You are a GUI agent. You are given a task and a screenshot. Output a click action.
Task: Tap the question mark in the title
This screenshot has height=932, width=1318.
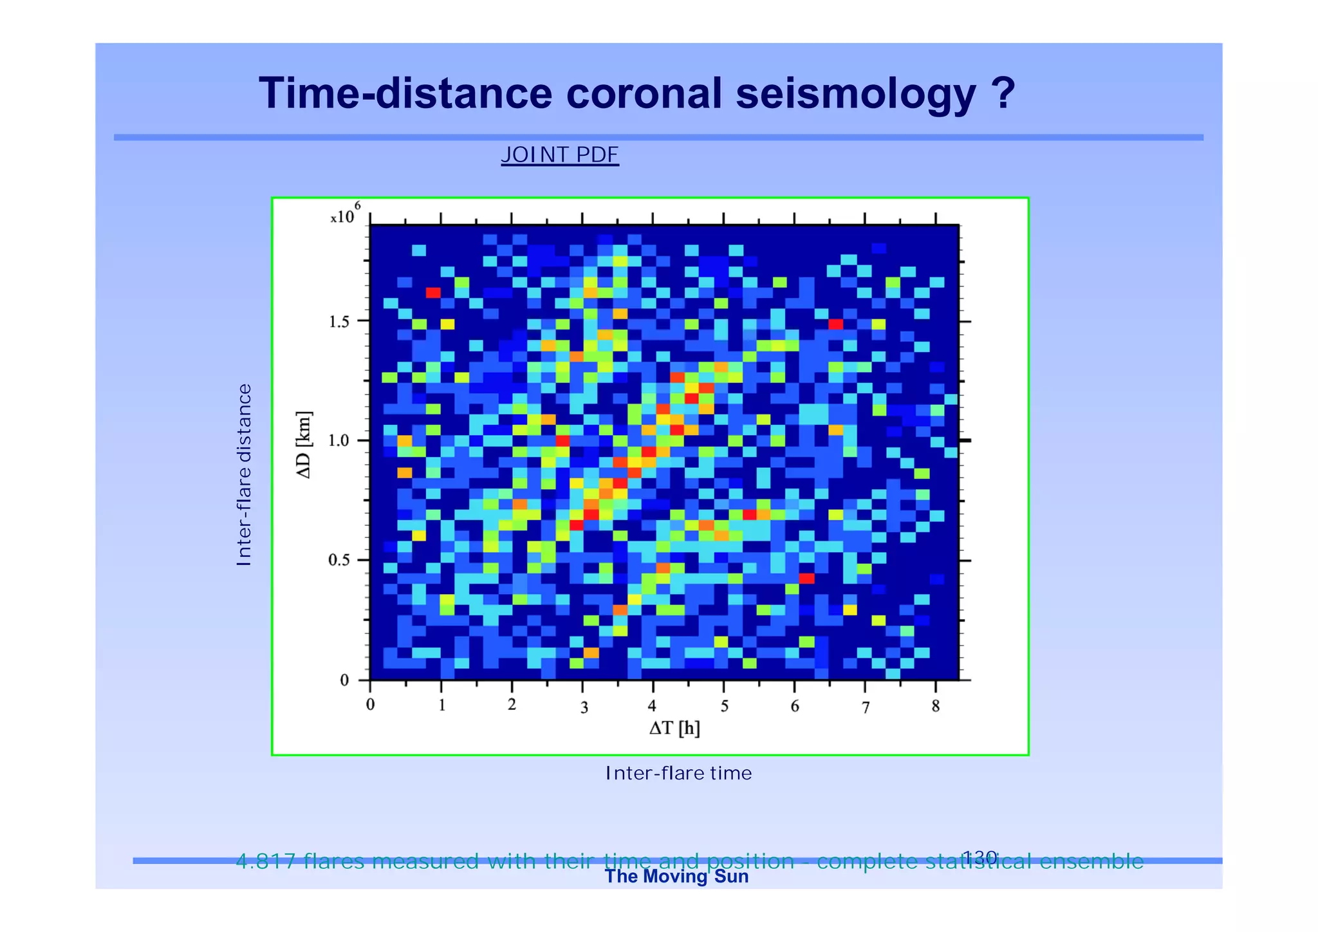click(x=1003, y=94)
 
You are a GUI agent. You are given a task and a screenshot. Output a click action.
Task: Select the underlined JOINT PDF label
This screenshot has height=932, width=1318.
click(x=559, y=155)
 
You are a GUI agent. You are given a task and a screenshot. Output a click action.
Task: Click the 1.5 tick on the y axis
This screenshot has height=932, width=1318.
click(x=339, y=322)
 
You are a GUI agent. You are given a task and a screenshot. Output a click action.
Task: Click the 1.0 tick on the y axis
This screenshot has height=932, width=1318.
click(x=339, y=441)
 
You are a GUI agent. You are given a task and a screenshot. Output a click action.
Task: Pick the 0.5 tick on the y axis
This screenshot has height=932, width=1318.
click(x=339, y=561)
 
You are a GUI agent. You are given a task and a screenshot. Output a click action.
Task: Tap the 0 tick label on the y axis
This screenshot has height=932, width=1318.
click(x=345, y=680)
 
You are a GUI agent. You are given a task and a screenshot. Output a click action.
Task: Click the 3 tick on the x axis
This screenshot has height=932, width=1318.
click(x=584, y=708)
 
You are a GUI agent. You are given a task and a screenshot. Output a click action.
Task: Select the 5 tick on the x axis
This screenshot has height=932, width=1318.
click(x=724, y=707)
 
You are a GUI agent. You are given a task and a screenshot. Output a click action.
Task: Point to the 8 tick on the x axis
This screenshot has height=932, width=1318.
click(x=936, y=706)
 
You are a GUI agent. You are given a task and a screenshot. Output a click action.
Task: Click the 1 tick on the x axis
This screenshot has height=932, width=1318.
click(x=442, y=705)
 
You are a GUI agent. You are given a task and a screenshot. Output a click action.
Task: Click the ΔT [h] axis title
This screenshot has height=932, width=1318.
click(x=674, y=728)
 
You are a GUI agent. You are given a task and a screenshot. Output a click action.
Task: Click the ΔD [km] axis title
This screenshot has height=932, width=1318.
click(x=304, y=445)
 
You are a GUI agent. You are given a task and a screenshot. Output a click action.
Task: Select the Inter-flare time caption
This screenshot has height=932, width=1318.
click(x=678, y=773)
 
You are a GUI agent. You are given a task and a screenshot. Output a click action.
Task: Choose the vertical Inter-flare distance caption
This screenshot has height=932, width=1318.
click(x=244, y=475)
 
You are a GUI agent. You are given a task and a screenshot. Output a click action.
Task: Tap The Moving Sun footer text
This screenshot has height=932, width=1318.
click(x=676, y=877)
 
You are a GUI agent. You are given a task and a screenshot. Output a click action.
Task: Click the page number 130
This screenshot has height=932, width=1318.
click(x=979, y=857)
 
